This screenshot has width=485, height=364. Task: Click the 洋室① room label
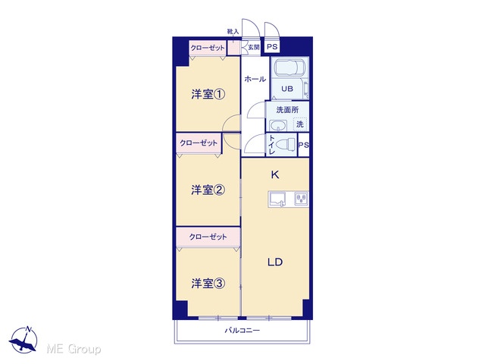pyautogui.click(x=208, y=94)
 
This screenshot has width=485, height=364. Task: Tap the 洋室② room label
pyautogui.click(x=208, y=190)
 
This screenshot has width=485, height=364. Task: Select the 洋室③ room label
pyautogui.click(x=208, y=283)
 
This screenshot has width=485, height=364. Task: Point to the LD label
pyautogui.click(x=275, y=262)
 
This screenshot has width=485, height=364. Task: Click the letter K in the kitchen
pyautogui.click(x=274, y=175)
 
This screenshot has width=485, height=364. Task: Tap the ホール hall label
pyautogui.click(x=255, y=79)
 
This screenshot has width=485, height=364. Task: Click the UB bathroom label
pyautogui.click(x=287, y=89)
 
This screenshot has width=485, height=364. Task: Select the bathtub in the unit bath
pyautogui.click(x=289, y=67)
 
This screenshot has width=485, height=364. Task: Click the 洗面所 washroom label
pyautogui.click(x=287, y=109)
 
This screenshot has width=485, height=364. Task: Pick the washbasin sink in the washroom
pyautogui.click(x=278, y=126)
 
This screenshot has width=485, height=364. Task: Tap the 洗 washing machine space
pyautogui.click(x=300, y=124)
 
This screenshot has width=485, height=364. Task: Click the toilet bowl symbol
pyautogui.click(x=286, y=145)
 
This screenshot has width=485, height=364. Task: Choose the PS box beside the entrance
pyautogui.click(x=272, y=47)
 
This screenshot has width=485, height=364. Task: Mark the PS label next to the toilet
pyautogui.click(x=303, y=145)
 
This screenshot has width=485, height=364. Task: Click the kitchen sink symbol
pyautogui.click(x=277, y=199)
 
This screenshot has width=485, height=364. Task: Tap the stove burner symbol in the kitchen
pyautogui.click(x=301, y=199)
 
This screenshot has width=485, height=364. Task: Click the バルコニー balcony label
pyautogui.click(x=242, y=331)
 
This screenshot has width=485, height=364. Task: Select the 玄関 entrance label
pyautogui.click(x=254, y=47)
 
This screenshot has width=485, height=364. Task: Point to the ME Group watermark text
pyautogui.click(x=74, y=349)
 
